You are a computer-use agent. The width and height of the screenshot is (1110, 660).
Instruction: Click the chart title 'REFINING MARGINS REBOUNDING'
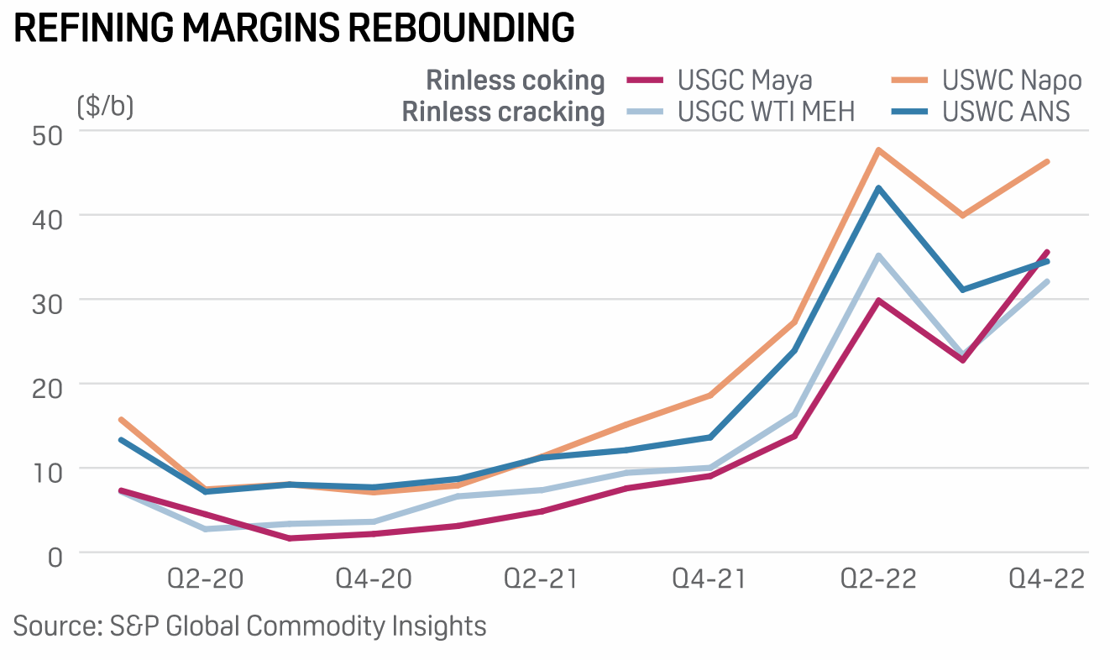tap(294, 28)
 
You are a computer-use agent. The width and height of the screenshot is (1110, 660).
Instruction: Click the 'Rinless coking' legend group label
tap(516, 81)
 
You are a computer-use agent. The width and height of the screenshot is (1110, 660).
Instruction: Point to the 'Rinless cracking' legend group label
tap(504, 111)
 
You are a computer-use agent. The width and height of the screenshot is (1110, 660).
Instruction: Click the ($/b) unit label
tap(105, 107)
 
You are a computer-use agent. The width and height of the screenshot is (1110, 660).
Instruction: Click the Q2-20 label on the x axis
tap(206, 579)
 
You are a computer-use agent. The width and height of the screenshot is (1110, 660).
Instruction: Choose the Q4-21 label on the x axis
tap(710, 579)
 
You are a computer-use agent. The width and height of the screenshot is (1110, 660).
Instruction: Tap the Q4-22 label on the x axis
tap(1046, 579)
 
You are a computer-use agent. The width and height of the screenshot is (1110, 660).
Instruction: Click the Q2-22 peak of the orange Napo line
tap(878, 150)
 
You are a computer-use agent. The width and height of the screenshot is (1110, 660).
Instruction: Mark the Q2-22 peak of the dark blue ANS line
tap(878, 188)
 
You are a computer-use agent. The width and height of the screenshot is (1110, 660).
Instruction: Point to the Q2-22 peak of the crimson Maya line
tap(878, 300)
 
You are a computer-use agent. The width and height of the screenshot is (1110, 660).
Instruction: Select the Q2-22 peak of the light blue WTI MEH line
tap(878, 255)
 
